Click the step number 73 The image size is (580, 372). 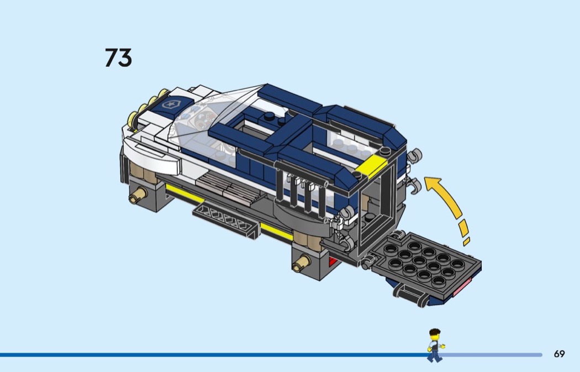click(118, 57)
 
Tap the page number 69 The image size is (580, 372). click(559, 354)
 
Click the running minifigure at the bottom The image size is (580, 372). click(435, 345)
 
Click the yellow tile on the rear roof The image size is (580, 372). click(371, 165)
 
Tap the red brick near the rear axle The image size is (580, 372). click(333, 261)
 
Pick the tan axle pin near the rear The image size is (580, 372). click(301, 264)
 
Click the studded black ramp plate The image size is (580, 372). click(425, 261)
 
